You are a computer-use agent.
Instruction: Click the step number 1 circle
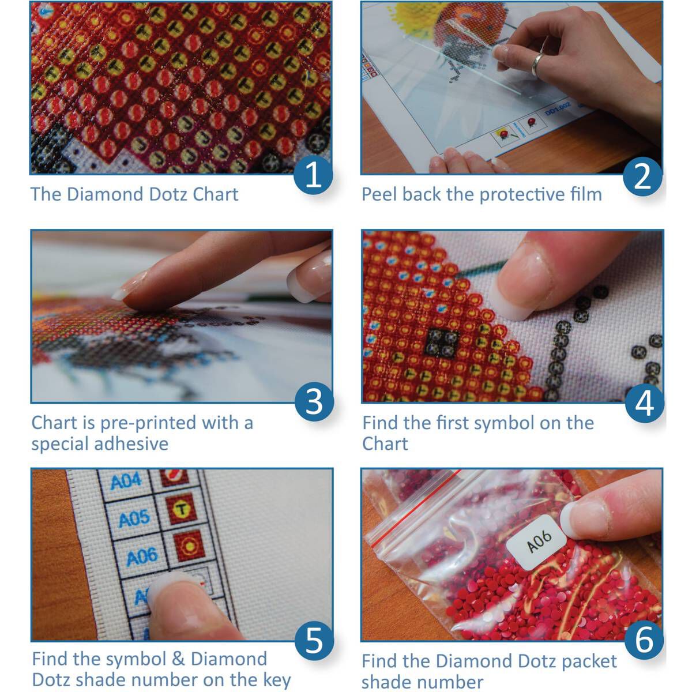point(313,175)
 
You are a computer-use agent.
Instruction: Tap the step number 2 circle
point(642,175)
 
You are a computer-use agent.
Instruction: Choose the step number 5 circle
point(314,640)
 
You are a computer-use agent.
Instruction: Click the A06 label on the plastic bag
point(539,540)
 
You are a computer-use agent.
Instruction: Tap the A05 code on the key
point(134,519)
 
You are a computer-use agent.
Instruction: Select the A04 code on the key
point(125,481)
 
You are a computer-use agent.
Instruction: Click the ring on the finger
point(539,65)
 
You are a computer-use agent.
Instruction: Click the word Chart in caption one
point(215,194)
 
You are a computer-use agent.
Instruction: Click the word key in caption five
point(276,680)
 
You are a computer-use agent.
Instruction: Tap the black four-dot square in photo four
point(442,344)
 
